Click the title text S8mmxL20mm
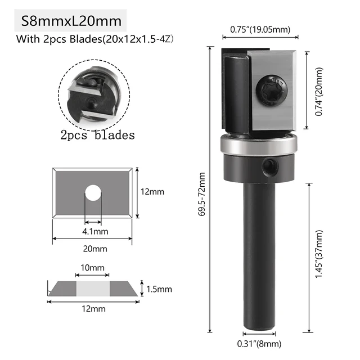click(x=71, y=22)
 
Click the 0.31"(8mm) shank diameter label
click(x=259, y=344)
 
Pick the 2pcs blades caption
click(x=97, y=135)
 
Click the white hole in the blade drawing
click(x=93, y=194)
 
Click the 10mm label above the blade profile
click(x=92, y=267)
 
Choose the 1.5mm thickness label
click(x=159, y=289)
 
